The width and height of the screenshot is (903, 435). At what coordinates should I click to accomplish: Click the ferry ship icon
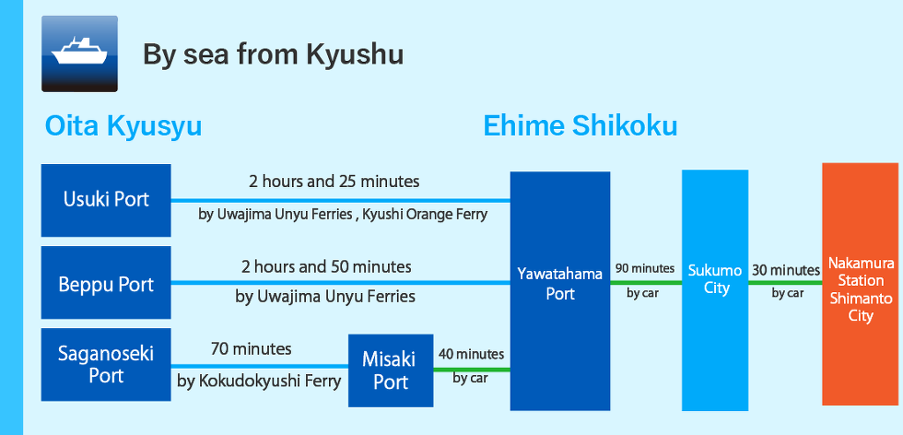[x=79, y=53]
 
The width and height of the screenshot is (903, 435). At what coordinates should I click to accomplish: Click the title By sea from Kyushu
[x=273, y=54]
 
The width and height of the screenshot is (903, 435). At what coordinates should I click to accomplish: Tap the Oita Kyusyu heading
[x=123, y=126]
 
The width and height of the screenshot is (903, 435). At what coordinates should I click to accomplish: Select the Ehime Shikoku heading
[x=580, y=126]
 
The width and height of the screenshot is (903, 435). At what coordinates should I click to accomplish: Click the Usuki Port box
[x=106, y=200]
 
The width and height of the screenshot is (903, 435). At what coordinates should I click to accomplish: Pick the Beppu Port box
[x=106, y=282]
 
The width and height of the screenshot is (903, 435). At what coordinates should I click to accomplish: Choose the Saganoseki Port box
[x=106, y=364]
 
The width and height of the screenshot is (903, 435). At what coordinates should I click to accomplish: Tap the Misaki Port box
[x=391, y=370]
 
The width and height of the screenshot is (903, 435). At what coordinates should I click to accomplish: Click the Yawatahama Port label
[x=560, y=283]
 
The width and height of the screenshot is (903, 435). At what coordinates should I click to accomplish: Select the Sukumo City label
[x=715, y=279]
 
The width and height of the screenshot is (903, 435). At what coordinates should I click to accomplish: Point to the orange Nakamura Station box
[x=861, y=284]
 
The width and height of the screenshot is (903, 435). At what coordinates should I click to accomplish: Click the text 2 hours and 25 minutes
[x=334, y=182]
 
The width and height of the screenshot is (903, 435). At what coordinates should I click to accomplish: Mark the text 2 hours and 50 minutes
[x=326, y=266]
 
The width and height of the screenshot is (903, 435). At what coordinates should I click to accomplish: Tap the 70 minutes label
[x=251, y=348]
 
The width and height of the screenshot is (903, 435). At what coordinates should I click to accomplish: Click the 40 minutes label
[x=471, y=353]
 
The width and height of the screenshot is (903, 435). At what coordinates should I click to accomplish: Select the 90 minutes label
[x=644, y=268]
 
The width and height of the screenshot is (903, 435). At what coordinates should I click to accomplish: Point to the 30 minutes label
[x=785, y=270]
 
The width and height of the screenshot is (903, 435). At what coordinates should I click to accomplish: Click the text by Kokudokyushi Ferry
[x=259, y=381]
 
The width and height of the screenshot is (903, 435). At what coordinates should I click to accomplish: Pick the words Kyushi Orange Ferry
[x=425, y=215]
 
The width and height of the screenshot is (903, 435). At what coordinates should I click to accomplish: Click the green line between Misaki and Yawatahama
[x=472, y=370]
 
